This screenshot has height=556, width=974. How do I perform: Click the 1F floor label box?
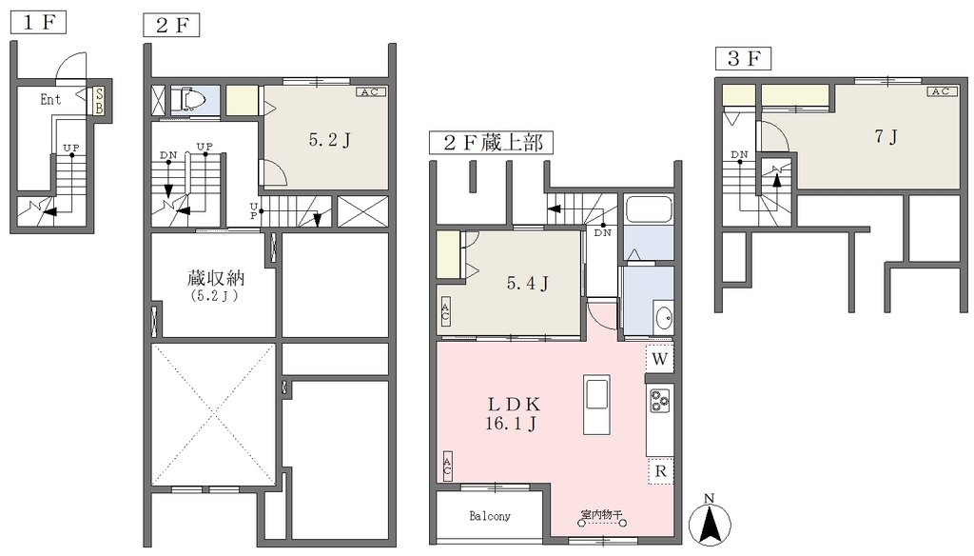(38, 23)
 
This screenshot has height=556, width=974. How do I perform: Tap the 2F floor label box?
(171, 26)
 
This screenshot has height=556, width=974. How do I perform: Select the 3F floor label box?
(743, 58)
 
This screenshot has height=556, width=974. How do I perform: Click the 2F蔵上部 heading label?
(491, 143)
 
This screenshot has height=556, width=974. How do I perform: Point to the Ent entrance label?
(50, 99)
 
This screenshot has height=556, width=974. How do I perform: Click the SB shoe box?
(99, 101)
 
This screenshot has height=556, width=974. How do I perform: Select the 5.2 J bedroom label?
(330, 140)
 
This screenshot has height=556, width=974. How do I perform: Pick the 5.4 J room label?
(527, 284)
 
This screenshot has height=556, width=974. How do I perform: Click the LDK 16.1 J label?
(513, 413)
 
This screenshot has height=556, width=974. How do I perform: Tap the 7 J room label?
(886, 136)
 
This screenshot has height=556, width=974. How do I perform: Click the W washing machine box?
(660, 358)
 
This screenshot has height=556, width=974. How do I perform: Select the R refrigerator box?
(660, 471)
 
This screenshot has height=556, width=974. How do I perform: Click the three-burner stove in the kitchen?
(660, 400)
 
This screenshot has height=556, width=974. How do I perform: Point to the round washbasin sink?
(663, 318)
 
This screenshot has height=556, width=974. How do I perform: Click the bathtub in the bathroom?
(649, 209)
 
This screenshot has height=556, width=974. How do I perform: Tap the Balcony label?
(490, 516)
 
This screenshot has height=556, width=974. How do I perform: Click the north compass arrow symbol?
(710, 521)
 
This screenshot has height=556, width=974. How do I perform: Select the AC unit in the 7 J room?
(941, 91)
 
